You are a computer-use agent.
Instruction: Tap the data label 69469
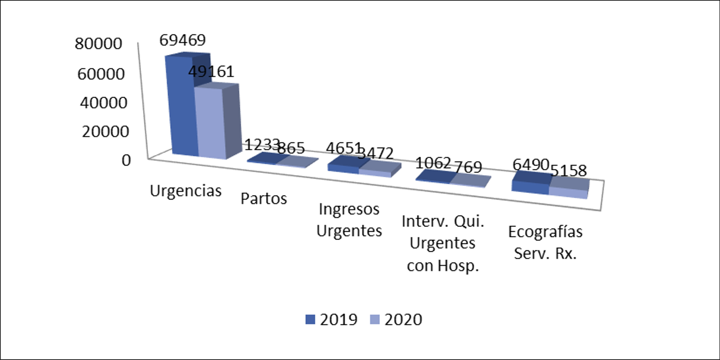click(183, 40)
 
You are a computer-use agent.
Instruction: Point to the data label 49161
click(211, 72)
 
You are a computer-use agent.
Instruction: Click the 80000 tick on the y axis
click(98, 44)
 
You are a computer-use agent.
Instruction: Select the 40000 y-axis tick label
click(103, 103)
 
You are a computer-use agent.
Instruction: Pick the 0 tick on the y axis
click(126, 160)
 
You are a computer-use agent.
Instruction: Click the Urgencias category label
click(185, 190)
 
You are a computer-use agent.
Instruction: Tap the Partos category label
click(264, 199)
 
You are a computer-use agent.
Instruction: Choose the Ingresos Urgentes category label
click(349, 220)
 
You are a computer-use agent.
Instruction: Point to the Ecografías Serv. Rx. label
click(545, 242)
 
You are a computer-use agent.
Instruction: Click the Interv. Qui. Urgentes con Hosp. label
click(443, 243)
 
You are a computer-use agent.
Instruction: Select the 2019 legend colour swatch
click(310, 319)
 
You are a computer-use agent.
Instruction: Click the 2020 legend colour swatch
click(375, 319)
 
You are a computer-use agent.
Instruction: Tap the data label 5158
click(569, 170)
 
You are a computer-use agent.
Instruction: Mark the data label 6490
click(531, 165)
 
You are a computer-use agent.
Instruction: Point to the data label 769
click(468, 167)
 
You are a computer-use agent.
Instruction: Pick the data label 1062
click(433, 163)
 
